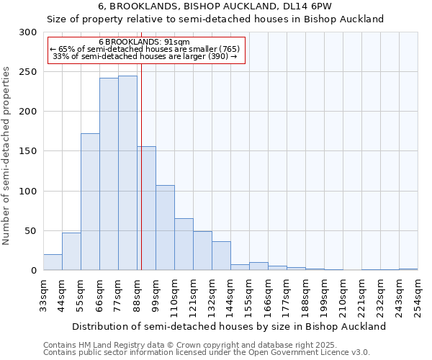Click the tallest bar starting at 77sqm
tap(127, 173)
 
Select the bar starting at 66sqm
tap(109, 174)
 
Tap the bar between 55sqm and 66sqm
tap(90, 202)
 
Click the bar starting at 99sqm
tap(165, 228)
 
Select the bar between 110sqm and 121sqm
tap(184, 244)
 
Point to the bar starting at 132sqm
tap(221, 256)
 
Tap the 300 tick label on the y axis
tap(28, 32)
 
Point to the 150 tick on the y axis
tap(28, 151)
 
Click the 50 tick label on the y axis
tap(31, 231)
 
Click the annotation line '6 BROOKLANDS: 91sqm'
tap(144, 42)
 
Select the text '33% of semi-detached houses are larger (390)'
tap(145, 56)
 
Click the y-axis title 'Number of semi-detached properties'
tap(6, 156)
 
